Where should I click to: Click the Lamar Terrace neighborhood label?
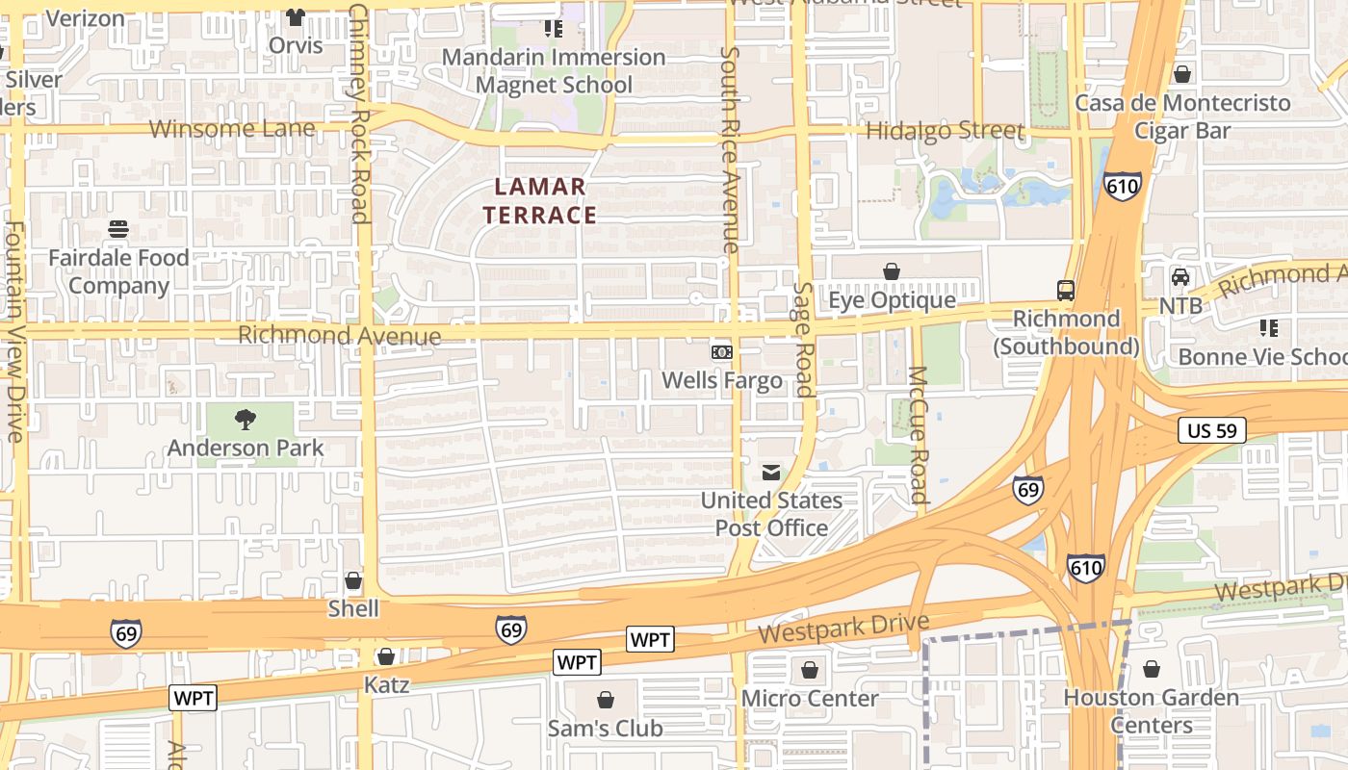540,200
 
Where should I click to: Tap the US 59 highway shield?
1211,430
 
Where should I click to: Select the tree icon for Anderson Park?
246,420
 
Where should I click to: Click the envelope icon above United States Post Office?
771,472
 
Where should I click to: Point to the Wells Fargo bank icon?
721,352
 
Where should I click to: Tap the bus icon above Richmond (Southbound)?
1066,290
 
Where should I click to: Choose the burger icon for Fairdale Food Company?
119,229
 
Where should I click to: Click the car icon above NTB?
1180,277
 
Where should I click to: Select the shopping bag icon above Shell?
353,580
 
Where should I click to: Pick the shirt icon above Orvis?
296,17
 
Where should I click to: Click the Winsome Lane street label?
232,128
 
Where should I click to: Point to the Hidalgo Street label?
945,130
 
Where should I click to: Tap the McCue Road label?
917,435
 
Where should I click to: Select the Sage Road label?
804,339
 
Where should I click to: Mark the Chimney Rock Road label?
359,113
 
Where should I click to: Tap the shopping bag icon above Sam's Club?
605,699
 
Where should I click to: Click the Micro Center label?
810,698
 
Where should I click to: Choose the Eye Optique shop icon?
892,271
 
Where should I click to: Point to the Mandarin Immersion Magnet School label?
554,70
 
